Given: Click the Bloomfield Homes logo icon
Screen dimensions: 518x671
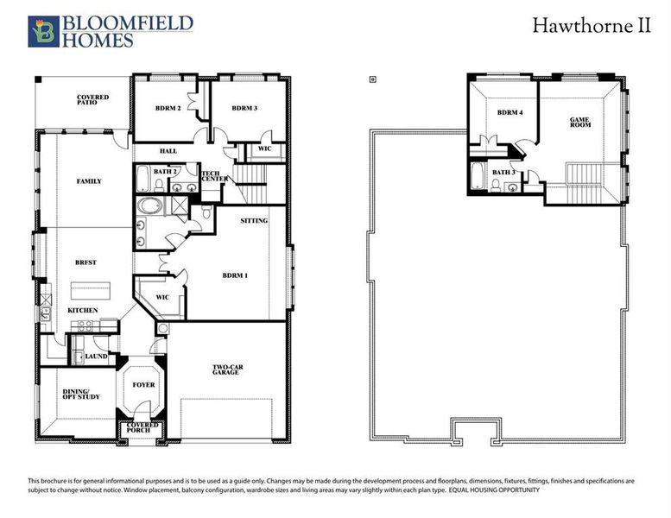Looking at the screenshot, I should (43, 32).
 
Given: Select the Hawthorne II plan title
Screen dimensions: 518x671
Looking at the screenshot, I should (591, 25).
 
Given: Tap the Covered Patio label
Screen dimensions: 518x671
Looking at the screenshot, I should (92, 100).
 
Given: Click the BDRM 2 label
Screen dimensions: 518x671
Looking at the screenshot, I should (168, 109).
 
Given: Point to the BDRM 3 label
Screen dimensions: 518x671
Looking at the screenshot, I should (245, 109).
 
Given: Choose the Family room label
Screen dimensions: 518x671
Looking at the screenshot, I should (89, 181).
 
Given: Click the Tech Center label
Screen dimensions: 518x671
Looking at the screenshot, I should (214, 176).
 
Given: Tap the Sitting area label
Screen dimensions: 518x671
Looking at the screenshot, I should (255, 221).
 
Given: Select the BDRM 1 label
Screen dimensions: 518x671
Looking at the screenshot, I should (235, 275).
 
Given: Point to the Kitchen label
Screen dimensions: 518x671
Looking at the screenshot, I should (83, 310).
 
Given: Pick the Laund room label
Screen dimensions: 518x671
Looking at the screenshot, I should (97, 356).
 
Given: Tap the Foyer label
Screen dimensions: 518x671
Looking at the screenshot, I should (143, 384).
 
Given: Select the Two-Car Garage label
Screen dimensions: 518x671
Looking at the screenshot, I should (228, 370).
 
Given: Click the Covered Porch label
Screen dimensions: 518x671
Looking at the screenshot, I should (142, 428).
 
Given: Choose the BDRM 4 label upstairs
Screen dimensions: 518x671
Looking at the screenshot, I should (510, 113).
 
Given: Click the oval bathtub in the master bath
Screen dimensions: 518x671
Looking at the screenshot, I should (149, 207).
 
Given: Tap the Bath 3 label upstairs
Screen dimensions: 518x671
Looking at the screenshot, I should (503, 172).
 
